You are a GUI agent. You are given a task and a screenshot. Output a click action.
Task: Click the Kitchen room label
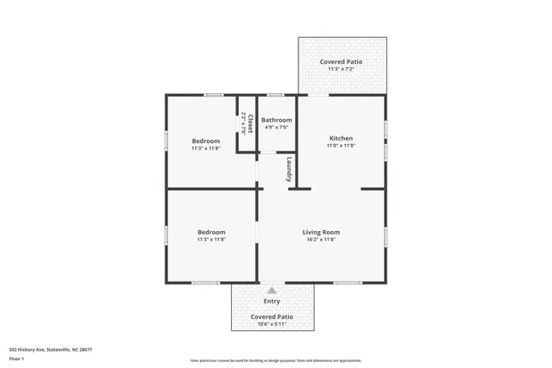pos(341,138)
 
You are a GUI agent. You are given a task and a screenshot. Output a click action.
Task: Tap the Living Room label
pos(320,232)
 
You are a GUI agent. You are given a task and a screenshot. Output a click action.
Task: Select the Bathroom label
pos(276,120)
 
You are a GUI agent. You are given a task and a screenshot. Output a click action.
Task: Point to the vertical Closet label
pos(250,123)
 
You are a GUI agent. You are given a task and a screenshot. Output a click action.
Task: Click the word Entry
pos(272,301)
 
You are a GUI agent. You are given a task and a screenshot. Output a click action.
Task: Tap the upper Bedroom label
pos(205,140)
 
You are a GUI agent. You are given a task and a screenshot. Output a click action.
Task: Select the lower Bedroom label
pos(211,232)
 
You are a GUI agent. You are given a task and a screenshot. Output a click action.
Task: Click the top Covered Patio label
pos(341,62)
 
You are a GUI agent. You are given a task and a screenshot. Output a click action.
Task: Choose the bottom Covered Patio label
pos(272,316)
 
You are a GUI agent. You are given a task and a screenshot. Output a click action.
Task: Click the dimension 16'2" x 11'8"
pos(320,240)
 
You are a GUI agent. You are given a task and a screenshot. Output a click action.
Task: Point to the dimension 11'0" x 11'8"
pos(341,146)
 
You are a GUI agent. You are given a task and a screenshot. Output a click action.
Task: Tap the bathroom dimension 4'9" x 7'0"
pos(276,128)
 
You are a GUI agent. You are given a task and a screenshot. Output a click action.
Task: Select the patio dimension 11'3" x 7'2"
pos(341,70)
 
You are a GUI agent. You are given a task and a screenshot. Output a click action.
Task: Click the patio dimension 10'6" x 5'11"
pos(272,324)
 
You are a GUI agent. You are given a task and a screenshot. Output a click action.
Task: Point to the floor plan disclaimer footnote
pos(276,360)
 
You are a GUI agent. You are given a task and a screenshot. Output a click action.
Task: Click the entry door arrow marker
pos(272,290)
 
